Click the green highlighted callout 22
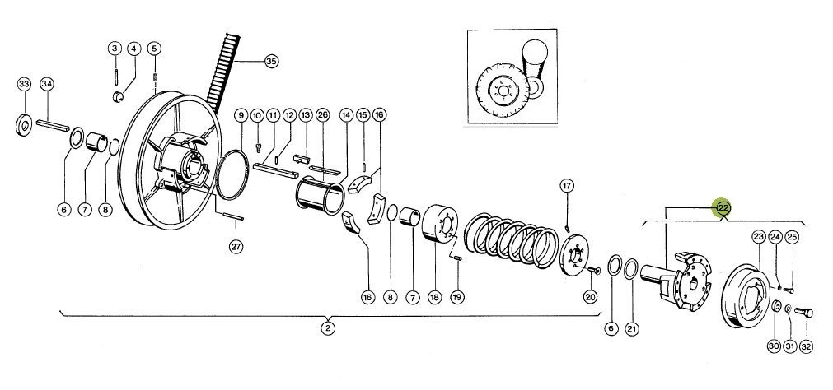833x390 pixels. click(723, 208)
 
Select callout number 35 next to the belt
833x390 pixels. click(271, 62)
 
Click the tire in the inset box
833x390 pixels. click(502, 90)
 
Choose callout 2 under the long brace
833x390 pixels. click(328, 328)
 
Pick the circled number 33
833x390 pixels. click(24, 85)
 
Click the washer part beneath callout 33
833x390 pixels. click(24, 124)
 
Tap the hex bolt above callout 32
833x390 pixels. click(804, 313)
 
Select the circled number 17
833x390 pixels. click(567, 186)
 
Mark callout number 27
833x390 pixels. click(236, 246)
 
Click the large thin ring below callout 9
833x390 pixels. click(232, 174)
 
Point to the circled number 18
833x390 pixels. click(434, 298)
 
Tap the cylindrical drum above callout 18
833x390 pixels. click(439, 225)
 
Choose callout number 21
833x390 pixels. click(631, 329)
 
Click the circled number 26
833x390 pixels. click(322, 114)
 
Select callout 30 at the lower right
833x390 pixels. click(774, 346)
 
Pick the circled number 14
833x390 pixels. click(346, 114)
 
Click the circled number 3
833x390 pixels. click(115, 49)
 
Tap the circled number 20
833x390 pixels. click(591, 296)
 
